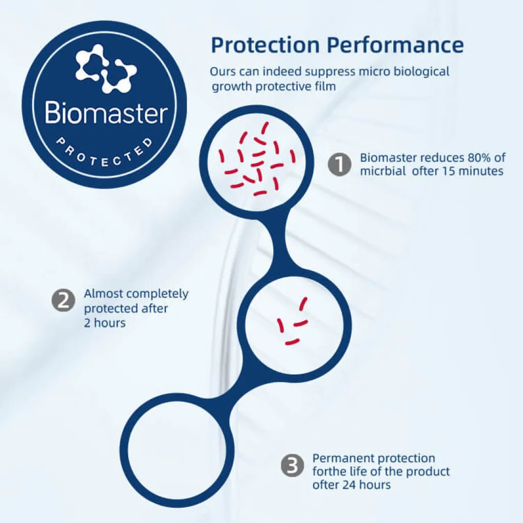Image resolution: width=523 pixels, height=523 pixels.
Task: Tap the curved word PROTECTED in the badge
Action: [104, 153]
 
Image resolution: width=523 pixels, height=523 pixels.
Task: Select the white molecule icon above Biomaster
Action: [106, 68]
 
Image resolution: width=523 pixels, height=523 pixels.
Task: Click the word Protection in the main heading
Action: [266, 44]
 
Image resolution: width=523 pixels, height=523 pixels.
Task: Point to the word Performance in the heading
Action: [395, 44]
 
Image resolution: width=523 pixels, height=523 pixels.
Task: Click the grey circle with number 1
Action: [340, 164]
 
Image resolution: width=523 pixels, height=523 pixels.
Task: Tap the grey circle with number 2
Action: [63, 300]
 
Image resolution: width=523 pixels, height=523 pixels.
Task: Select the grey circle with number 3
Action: [293, 465]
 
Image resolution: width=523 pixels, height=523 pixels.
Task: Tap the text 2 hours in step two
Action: [105, 323]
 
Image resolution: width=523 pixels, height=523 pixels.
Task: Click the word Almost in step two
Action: [103, 294]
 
